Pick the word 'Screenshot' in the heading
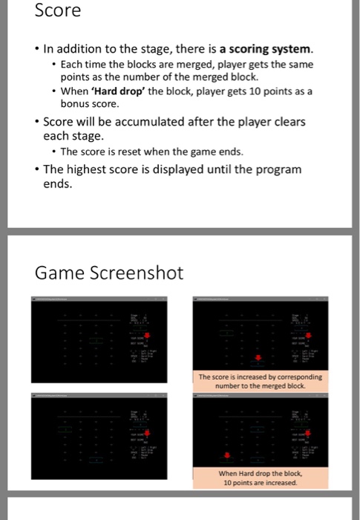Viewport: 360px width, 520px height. click(137, 273)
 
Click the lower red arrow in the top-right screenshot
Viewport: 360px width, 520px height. click(258, 360)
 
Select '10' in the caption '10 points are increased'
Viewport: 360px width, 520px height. click(229, 483)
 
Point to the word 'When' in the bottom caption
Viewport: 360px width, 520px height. click(231, 473)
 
